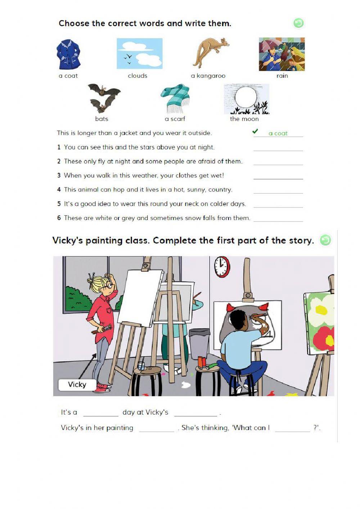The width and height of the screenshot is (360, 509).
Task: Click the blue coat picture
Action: point(68,55)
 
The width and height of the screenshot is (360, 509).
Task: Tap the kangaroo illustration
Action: point(211,53)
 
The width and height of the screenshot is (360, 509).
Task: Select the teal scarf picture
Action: point(175,98)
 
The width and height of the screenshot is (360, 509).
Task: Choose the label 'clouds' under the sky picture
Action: point(138,76)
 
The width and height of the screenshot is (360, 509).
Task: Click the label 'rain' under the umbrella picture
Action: point(282,76)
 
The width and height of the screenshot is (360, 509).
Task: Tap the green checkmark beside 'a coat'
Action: point(255,131)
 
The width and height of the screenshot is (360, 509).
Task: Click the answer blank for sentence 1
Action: point(278,148)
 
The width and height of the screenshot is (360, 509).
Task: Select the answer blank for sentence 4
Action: point(278,190)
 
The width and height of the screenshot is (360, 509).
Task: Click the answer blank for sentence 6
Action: point(278,218)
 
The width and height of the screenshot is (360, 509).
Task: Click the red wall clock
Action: point(222,267)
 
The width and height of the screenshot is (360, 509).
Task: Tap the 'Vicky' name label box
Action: point(77,384)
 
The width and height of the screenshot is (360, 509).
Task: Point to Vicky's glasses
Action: point(109,286)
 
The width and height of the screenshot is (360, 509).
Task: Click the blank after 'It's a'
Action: point(100,413)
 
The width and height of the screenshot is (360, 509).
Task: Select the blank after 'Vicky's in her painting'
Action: point(156,429)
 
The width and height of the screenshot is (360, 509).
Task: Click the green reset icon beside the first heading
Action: point(298,23)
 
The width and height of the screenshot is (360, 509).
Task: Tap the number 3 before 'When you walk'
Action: point(59,175)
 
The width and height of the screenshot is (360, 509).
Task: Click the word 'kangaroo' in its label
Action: point(211,76)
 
